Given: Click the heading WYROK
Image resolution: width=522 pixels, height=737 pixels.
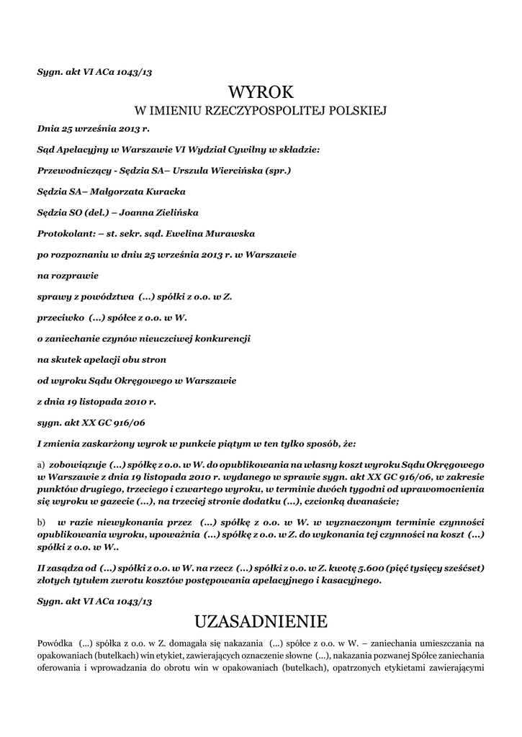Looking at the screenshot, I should (x=261, y=92).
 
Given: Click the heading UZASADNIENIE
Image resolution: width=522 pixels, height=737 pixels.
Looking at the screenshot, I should (x=261, y=620).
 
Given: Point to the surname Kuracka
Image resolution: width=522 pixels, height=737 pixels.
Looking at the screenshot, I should (x=160, y=191).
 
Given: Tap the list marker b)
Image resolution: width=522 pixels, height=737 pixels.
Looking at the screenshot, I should (x=41, y=521).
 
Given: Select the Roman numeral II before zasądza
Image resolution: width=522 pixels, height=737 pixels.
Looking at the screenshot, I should (x=41, y=568).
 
